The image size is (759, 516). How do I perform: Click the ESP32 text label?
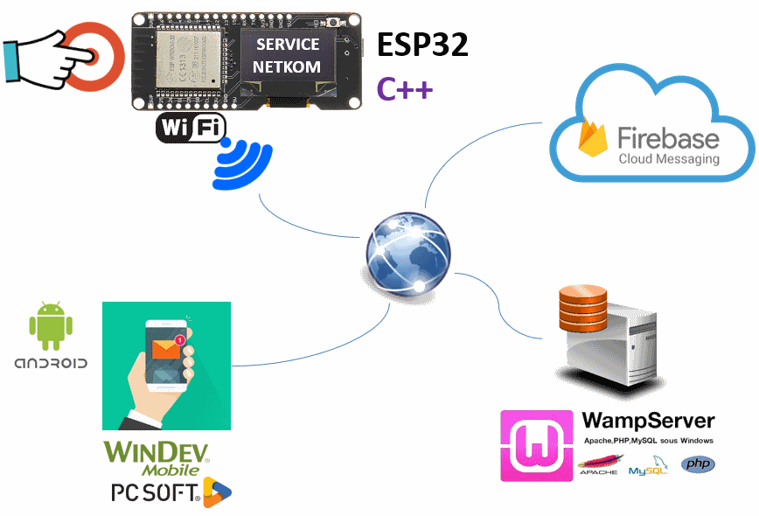pos(422,45)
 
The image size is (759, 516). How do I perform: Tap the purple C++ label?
pos(405,88)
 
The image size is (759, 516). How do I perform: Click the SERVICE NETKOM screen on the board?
pos(288,55)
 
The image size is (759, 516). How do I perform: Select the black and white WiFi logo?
pos(189,129)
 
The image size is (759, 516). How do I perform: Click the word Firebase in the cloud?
pos(669,137)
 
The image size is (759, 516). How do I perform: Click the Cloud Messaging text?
pos(669,159)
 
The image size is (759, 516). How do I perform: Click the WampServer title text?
pos(648,421)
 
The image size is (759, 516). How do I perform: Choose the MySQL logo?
pos(648,468)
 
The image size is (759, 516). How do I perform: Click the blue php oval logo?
pos(698,464)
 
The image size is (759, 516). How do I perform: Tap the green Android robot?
pos(49,321)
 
